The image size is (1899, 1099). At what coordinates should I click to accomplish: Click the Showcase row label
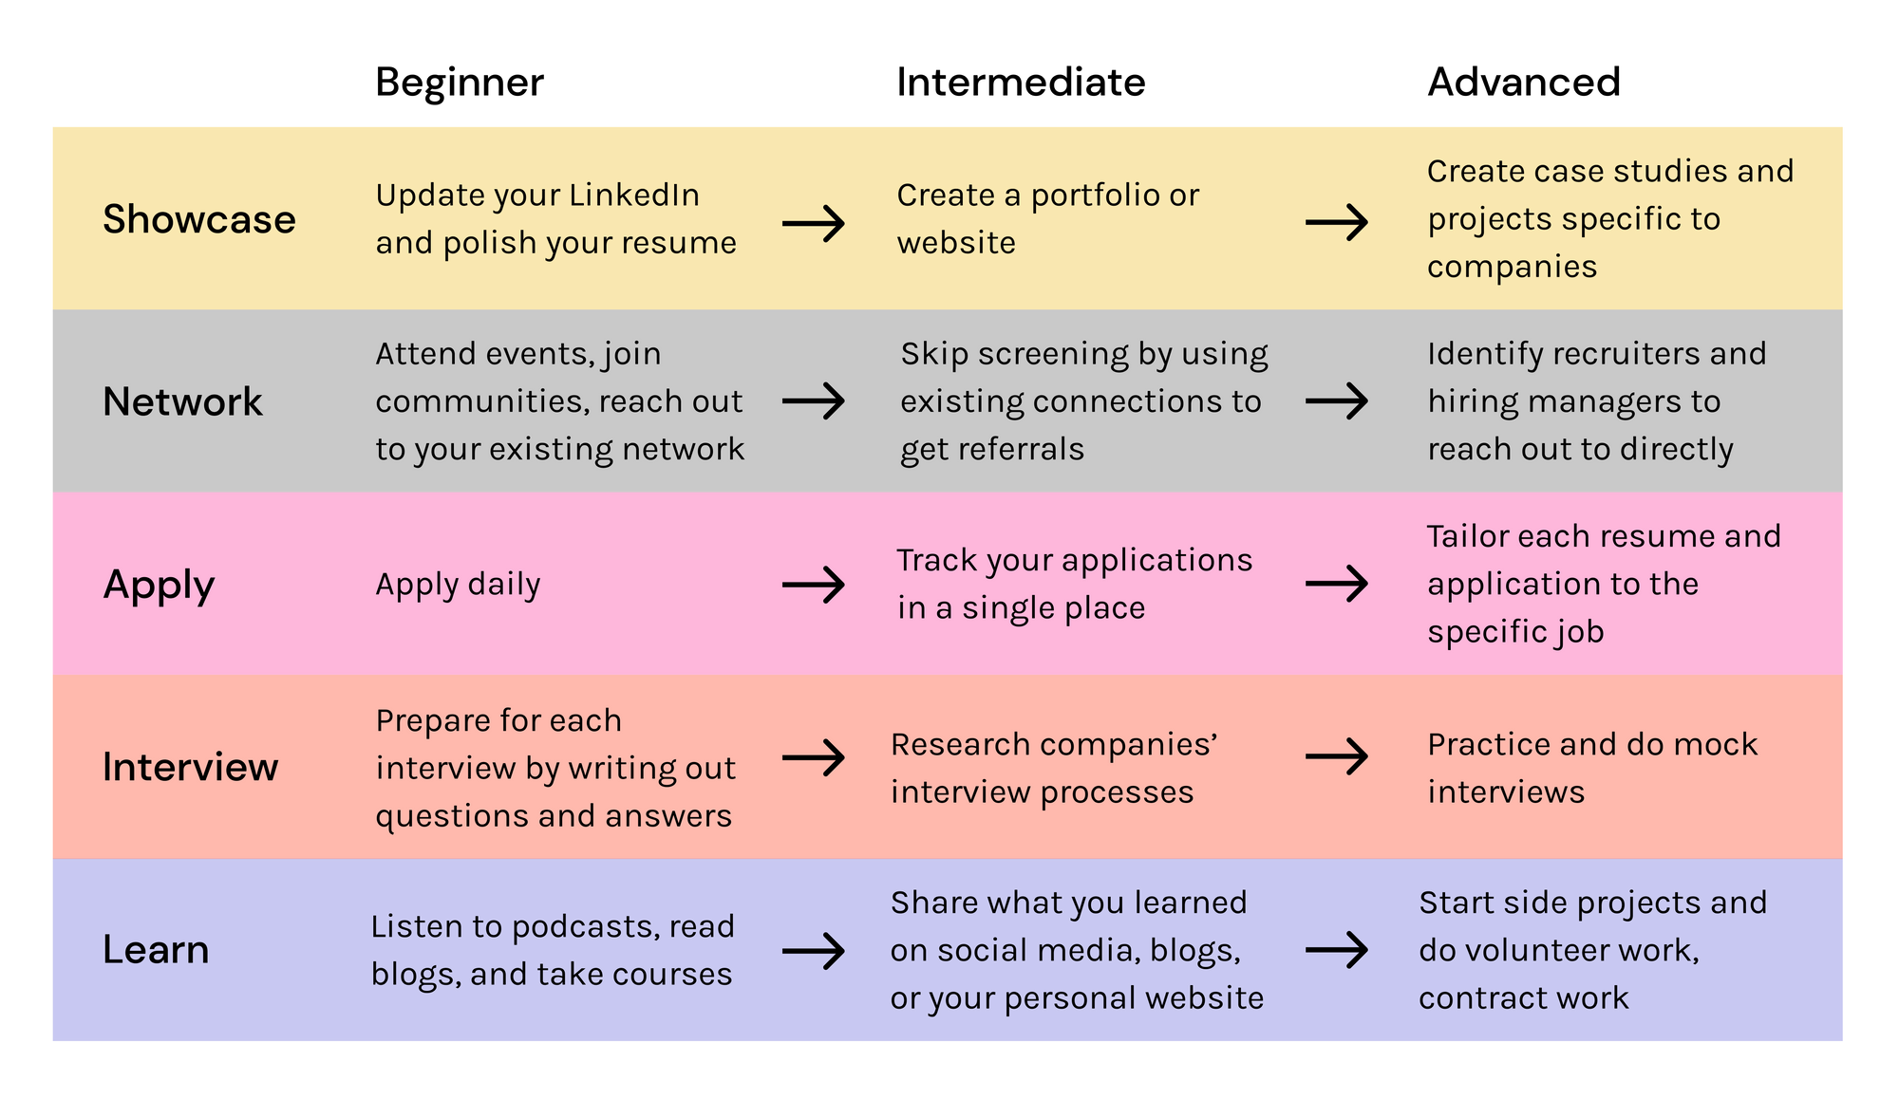(199, 219)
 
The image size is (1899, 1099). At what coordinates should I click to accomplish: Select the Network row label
(182, 401)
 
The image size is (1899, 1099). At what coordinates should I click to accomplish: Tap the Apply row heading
(159, 585)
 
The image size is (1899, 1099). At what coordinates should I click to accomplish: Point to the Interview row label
(190, 767)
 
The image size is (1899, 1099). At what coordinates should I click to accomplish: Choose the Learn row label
(156, 950)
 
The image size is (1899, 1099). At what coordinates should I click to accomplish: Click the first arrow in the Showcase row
(814, 224)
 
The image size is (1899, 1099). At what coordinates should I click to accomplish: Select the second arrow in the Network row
(1337, 400)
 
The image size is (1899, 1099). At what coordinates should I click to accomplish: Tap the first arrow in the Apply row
(814, 585)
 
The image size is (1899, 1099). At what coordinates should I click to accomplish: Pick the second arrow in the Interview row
(1337, 756)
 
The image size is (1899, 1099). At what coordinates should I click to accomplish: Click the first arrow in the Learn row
(814, 950)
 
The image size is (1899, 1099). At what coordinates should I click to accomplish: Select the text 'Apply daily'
(458, 585)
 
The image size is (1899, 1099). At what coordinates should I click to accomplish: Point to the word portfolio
(1095, 196)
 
